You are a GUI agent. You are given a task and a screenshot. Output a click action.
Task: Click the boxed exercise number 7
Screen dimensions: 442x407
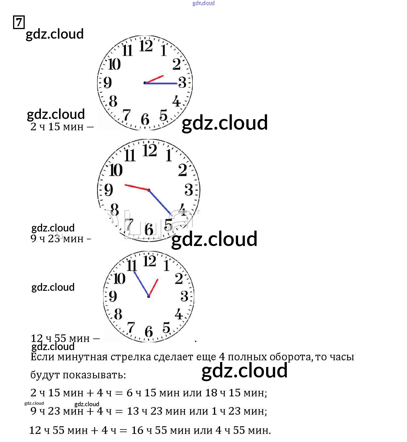(x=19, y=22)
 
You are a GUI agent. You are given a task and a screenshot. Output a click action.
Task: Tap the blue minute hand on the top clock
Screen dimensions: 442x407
(x=161, y=83)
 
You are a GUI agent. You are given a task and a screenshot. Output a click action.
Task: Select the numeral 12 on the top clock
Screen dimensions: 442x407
(x=146, y=46)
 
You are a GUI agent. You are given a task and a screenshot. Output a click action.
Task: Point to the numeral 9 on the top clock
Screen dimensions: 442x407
(x=108, y=82)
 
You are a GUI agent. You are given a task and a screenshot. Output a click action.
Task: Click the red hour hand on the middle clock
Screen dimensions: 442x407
(x=136, y=187)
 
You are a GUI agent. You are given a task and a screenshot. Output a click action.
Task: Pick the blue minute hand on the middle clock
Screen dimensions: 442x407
(x=160, y=202)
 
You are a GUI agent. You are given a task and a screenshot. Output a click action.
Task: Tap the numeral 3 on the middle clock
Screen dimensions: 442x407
(x=189, y=190)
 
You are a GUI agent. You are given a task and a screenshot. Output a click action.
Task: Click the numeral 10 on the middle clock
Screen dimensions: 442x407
(x=116, y=170)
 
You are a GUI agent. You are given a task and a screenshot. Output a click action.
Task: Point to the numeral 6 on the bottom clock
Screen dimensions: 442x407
(x=149, y=331)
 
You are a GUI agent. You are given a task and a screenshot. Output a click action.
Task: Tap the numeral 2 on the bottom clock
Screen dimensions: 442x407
(x=179, y=278)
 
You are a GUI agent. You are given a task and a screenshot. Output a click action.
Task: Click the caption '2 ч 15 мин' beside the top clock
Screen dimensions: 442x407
(x=57, y=127)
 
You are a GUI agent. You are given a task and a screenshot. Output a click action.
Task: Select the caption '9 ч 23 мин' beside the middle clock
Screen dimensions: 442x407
(x=57, y=239)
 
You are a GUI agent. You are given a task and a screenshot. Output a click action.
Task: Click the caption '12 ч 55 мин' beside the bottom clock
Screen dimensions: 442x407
(x=60, y=338)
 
